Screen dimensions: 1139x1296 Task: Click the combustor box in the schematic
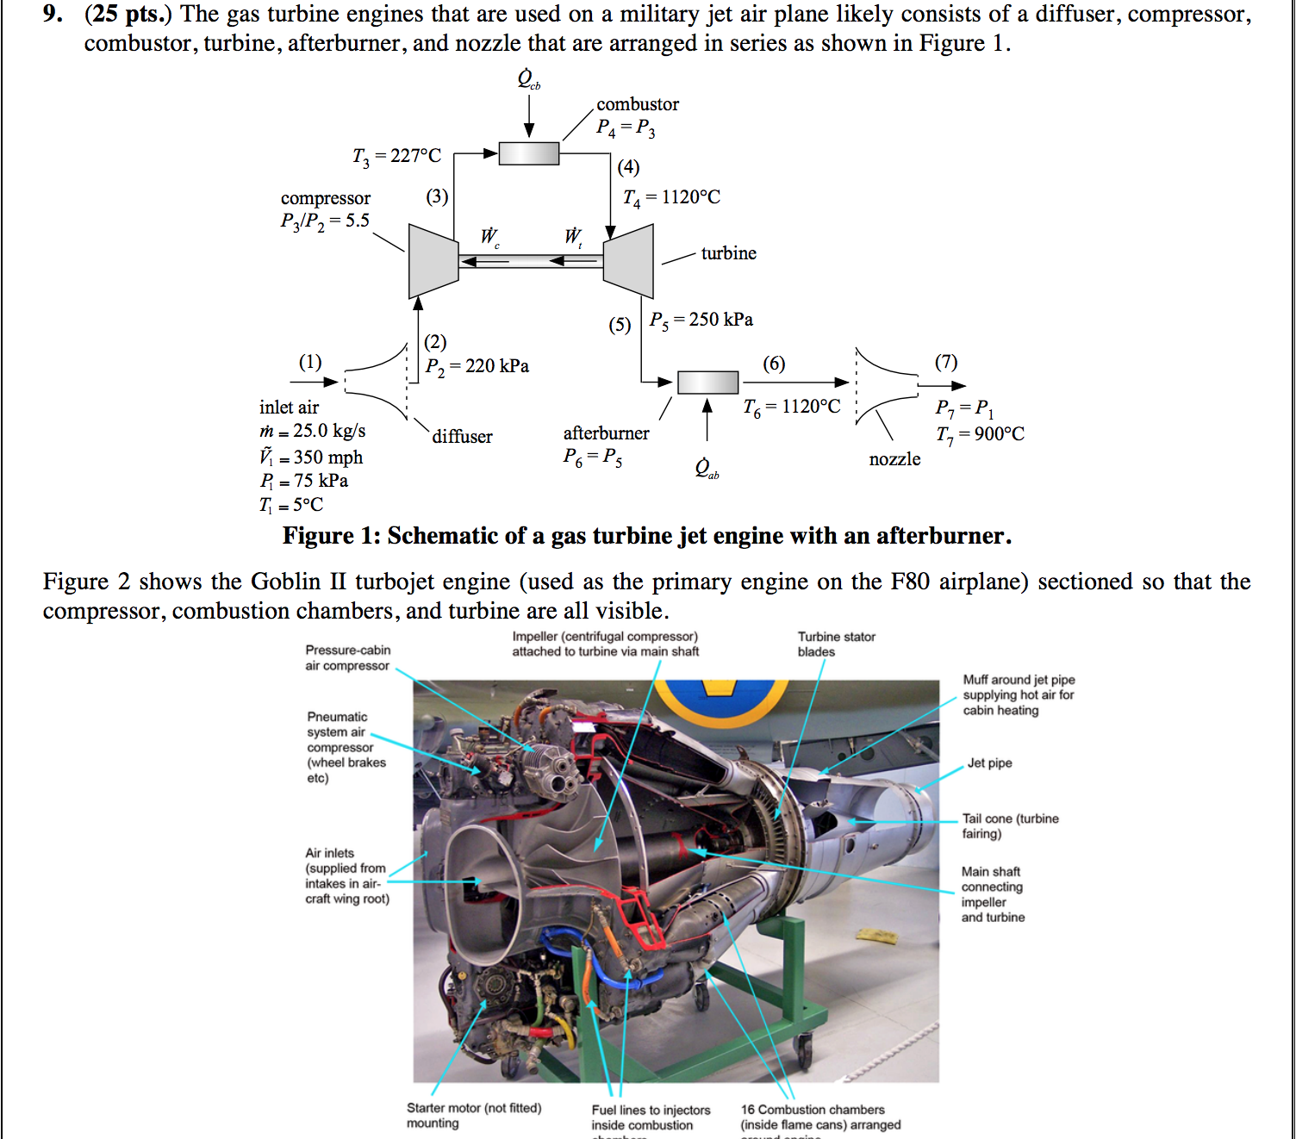click(529, 153)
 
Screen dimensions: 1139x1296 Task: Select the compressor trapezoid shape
click(433, 261)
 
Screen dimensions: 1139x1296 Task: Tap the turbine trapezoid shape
click(629, 261)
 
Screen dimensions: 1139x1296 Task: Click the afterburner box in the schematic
click(707, 382)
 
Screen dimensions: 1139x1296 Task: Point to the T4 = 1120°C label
click(671, 198)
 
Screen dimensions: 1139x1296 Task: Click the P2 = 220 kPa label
click(477, 366)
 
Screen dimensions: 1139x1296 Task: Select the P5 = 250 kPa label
click(701, 321)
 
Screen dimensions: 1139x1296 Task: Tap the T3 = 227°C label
click(396, 156)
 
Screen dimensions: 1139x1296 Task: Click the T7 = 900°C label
click(980, 434)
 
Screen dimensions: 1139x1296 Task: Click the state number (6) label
click(774, 364)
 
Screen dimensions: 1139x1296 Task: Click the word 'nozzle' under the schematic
click(894, 459)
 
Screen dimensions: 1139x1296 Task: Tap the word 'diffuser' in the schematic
click(462, 437)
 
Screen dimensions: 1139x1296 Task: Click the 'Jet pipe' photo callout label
click(989, 763)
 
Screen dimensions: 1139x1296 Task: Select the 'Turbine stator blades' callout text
click(836, 644)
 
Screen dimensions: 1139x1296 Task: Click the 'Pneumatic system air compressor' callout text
click(346, 747)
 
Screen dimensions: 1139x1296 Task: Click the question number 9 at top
click(53, 15)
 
